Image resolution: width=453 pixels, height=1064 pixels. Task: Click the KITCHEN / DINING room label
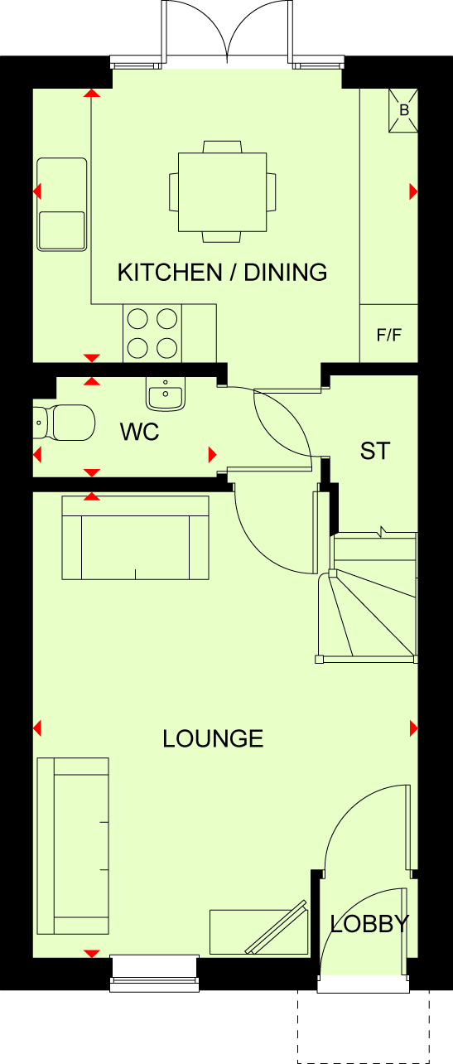(x=222, y=273)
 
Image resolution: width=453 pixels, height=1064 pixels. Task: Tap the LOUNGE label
(x=213, y=738)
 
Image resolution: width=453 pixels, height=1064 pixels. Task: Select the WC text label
(x=140, y=432)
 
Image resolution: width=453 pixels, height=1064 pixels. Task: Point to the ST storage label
(x=375, y=451)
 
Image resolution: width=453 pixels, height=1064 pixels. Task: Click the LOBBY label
(x=369, y=924)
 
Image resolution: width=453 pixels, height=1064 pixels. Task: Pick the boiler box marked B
(x=403, y=110)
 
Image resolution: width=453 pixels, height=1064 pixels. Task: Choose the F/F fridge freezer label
(x=389, y=335)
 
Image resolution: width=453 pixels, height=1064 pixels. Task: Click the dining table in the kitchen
(x=222, y=192)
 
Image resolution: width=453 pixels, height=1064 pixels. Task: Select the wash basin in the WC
(x=165, y=394)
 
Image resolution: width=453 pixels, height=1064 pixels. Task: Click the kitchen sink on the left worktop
(x=62, y=204)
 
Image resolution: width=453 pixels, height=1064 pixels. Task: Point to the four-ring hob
(x=152, y=333)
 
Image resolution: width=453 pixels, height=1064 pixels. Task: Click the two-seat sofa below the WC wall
(x=135, y=538)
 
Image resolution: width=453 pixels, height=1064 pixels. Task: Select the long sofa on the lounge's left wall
(x=73, y=846)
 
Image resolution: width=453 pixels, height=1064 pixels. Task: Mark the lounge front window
(x=154, y=974)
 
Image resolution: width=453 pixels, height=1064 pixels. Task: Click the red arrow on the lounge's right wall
(x=413, y=728)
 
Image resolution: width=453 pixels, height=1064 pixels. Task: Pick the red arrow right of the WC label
(x=212, y=455)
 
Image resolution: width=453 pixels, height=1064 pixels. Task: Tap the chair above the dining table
(x=222, y=147)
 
